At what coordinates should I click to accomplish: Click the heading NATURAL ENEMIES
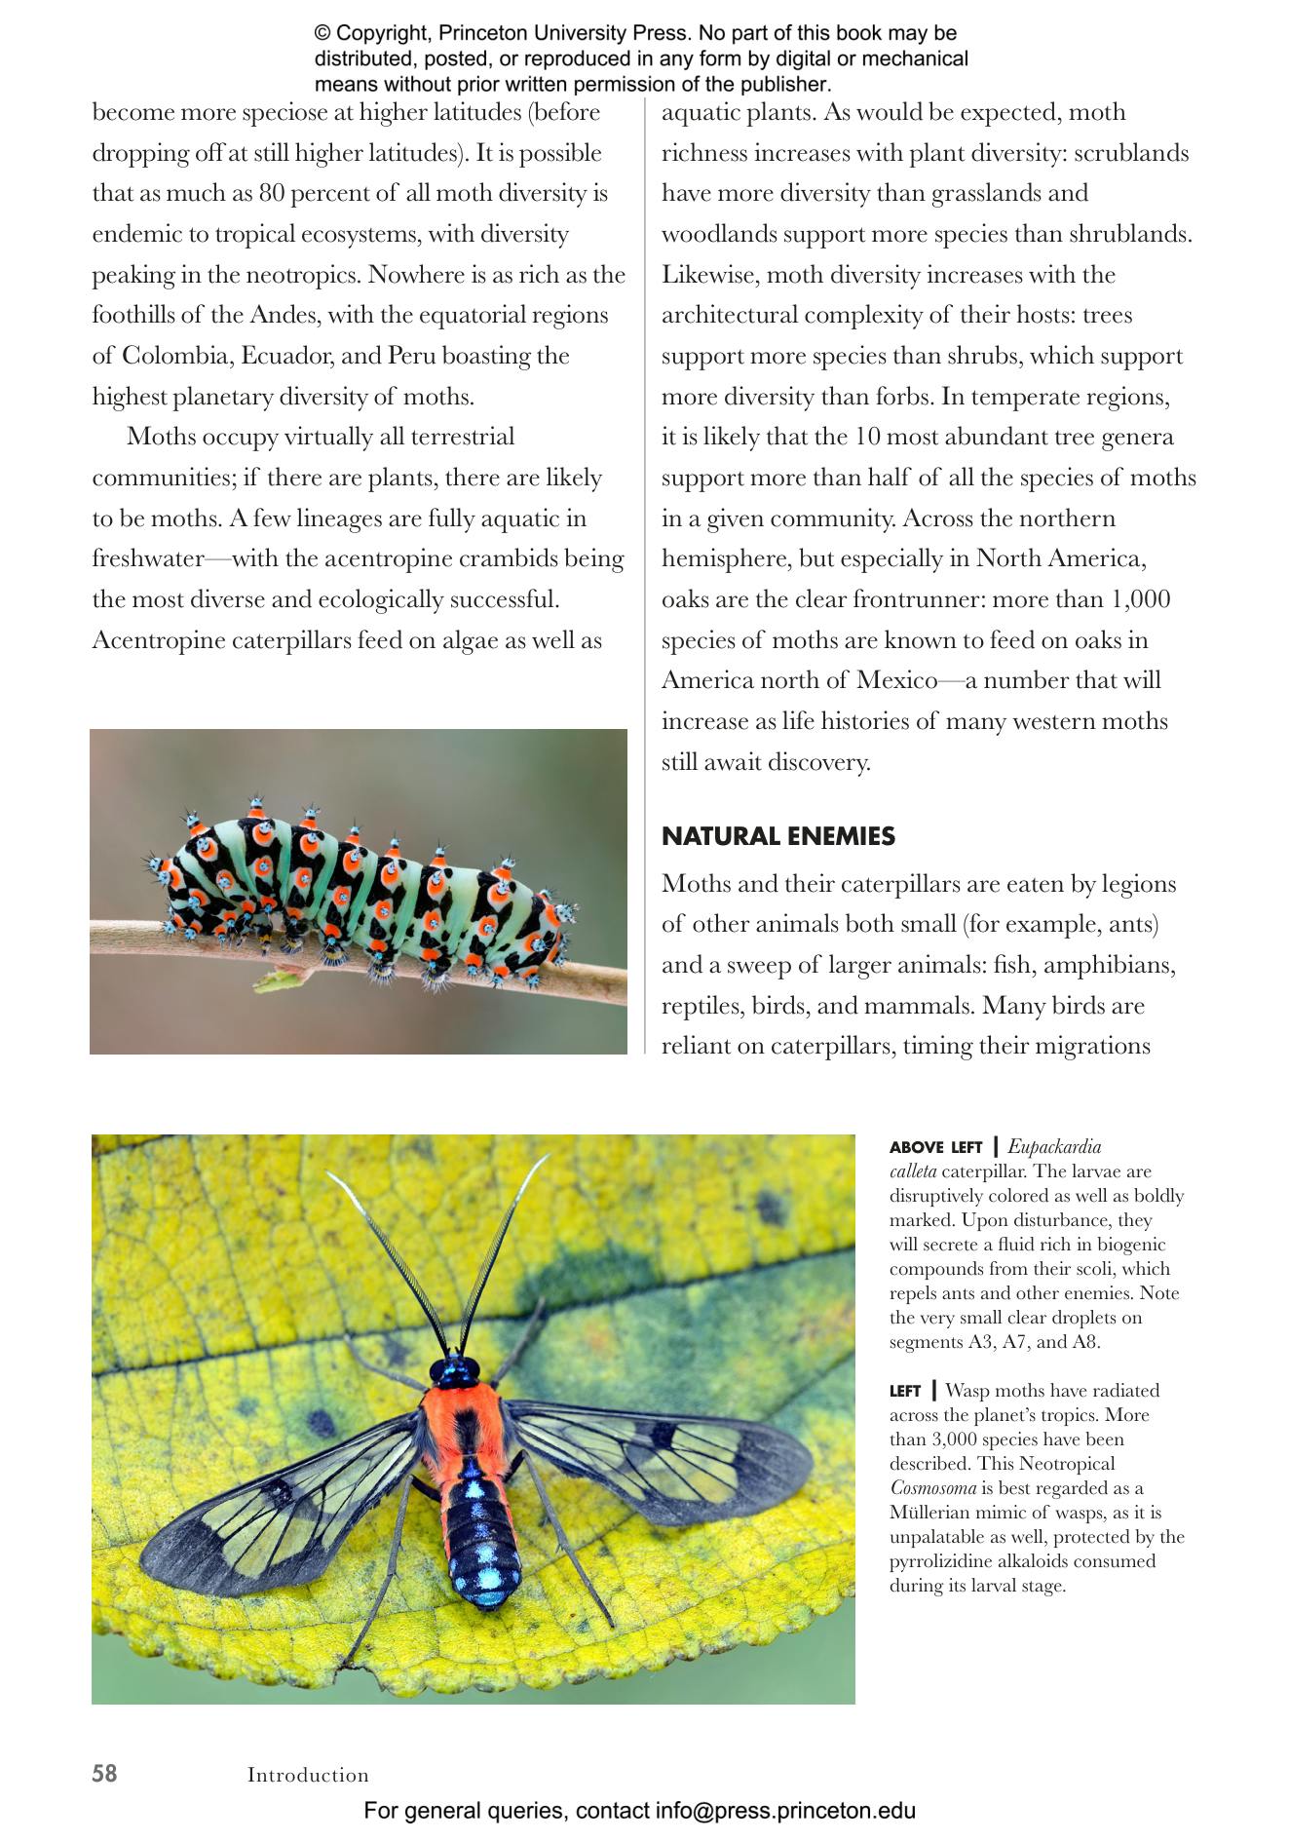[x=777, y=836]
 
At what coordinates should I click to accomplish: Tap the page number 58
[x=104, y=1773]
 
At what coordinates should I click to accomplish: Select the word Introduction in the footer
[x=308, y=1775]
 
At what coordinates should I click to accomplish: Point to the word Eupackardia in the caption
[x=1054, y=1146]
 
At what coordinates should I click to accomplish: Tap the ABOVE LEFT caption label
[x=935, y=1147]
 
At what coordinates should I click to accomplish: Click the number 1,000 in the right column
[x=1140, y=599]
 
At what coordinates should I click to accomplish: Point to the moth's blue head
[x=454, y=1371]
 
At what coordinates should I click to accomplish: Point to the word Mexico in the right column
[x=897, y=680]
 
